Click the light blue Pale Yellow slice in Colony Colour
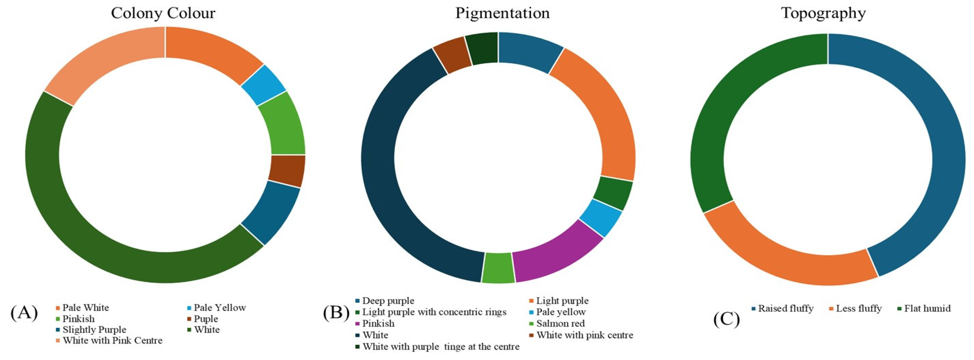pyautogui.click(x=264, y=85)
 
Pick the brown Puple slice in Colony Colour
pyautogui.click(x=287, y=171)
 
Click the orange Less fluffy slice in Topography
pyautogui.click(x=786, y=253)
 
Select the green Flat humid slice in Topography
pyautogui.click(x=741, y=114)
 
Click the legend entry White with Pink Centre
pyautogui.click(x=112, y=340)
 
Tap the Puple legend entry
pyautogui.click(x=206, y=318)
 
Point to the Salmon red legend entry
pyautogui.click(x=560, y=323)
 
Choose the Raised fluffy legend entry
pyautogui.click(x=786, y=308)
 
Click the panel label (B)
pyautogui.click(x=336, y=313)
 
